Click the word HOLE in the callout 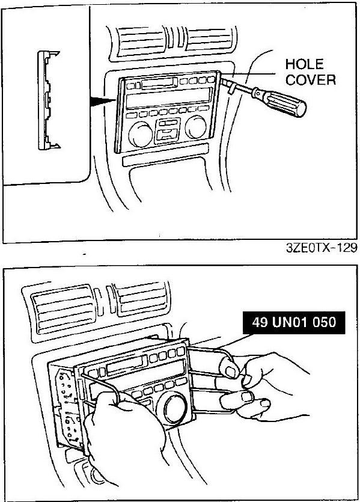click(x=304, y=64)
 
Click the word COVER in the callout click(x=310, y=79)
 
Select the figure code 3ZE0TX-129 click(x=322, y=248)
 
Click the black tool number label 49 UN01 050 click(x=294, y=322)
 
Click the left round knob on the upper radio click(x=141, y=134)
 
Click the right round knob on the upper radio click(x=196, y=126)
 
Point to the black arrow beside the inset click(x=102, y=102)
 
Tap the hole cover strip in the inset click(x=47, y=100)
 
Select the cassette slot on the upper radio click(x=159, y=83)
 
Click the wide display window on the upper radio click(x=169, y=97)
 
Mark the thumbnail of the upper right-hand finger click(x=230, y=372)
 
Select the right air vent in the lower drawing click(x=141, y=299)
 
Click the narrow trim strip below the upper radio click(x=165, y=155)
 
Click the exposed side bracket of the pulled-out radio click(x=66, y=408)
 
